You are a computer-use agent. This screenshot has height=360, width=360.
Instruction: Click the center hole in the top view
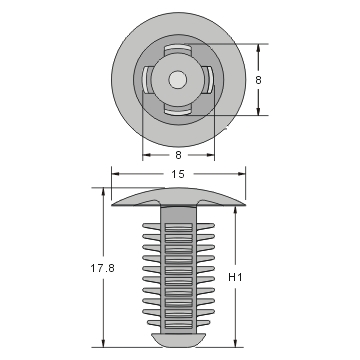177,79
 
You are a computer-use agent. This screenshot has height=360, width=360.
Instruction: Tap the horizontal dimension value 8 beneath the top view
177,155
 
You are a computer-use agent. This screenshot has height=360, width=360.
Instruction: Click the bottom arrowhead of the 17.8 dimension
104,344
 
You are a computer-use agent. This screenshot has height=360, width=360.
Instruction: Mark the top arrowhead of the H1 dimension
236,210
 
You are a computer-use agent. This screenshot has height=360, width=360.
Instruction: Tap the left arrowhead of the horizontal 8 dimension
146,155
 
